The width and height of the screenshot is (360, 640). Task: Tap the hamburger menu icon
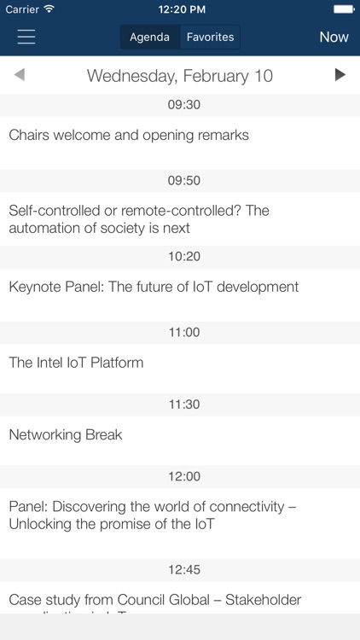[26, 37]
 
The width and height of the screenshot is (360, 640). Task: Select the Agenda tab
[149, 37]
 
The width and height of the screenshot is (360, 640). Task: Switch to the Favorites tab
[210, 37]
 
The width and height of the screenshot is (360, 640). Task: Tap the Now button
[334, 37]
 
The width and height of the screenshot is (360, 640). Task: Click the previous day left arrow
[20, 75]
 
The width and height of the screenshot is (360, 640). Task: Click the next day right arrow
[340, 75]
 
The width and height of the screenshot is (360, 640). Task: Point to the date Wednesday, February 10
[180, 76]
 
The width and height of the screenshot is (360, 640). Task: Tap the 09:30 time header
[183, 105]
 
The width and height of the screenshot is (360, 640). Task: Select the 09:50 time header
[183, 180]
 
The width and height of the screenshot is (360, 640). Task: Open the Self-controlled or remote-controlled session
[138, 218]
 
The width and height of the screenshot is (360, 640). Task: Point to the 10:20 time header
[183, 256]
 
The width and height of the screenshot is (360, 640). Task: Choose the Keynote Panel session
[154, 287]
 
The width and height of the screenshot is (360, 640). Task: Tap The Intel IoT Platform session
[76, 363]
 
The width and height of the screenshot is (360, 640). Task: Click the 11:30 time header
[183, 404]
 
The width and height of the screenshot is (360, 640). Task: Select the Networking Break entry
[66, 435]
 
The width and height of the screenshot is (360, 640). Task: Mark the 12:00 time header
[183, 476]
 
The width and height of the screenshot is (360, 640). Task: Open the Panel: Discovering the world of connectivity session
[152, 515]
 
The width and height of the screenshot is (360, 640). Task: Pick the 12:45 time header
[183, 569]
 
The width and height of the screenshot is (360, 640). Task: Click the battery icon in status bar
[343, 9]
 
